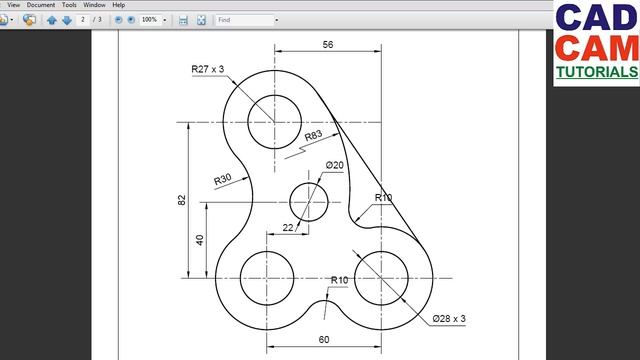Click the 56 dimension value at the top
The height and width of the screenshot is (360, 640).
pos(328,44)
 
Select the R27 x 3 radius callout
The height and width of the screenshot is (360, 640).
pos(208,69)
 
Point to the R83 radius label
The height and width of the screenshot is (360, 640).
pos(313,136)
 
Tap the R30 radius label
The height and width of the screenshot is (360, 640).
pos(223,179)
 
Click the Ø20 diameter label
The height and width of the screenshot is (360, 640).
pos(335,165)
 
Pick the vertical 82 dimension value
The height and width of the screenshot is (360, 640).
pos(182,200)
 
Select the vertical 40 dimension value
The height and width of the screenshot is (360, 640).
pos(200,240)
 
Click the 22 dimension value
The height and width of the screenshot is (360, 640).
pos(288,228)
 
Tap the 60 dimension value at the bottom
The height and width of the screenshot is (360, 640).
pos(324,340)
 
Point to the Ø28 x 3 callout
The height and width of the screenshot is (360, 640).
pos(449,318)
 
